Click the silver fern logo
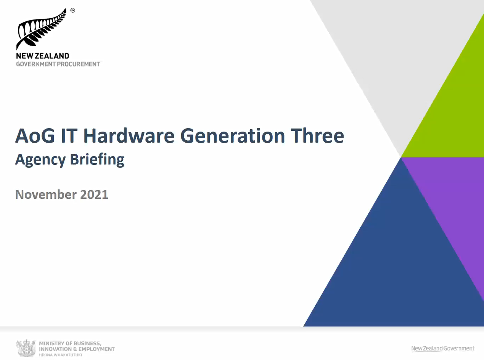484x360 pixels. tap(41, 29)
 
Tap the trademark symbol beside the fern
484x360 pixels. tap(73, 10)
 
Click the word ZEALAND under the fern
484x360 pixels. tap(52, 56)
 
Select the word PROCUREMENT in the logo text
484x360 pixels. tap(78, 64)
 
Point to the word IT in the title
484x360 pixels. tap(69, 136)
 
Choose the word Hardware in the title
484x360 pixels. tap(129, 136)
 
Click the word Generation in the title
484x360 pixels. tap(233, 136)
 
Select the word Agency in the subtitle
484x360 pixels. tap(40, 160)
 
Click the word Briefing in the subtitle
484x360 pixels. tap(97, 160)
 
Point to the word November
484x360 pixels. tap(46, 194)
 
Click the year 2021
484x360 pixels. tap(94, 194)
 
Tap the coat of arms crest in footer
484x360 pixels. tap(26, 348)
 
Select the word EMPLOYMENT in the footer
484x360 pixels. tap(96, 349)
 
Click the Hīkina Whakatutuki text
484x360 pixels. tap(60, 355)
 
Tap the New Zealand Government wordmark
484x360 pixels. tap(443, 349)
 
